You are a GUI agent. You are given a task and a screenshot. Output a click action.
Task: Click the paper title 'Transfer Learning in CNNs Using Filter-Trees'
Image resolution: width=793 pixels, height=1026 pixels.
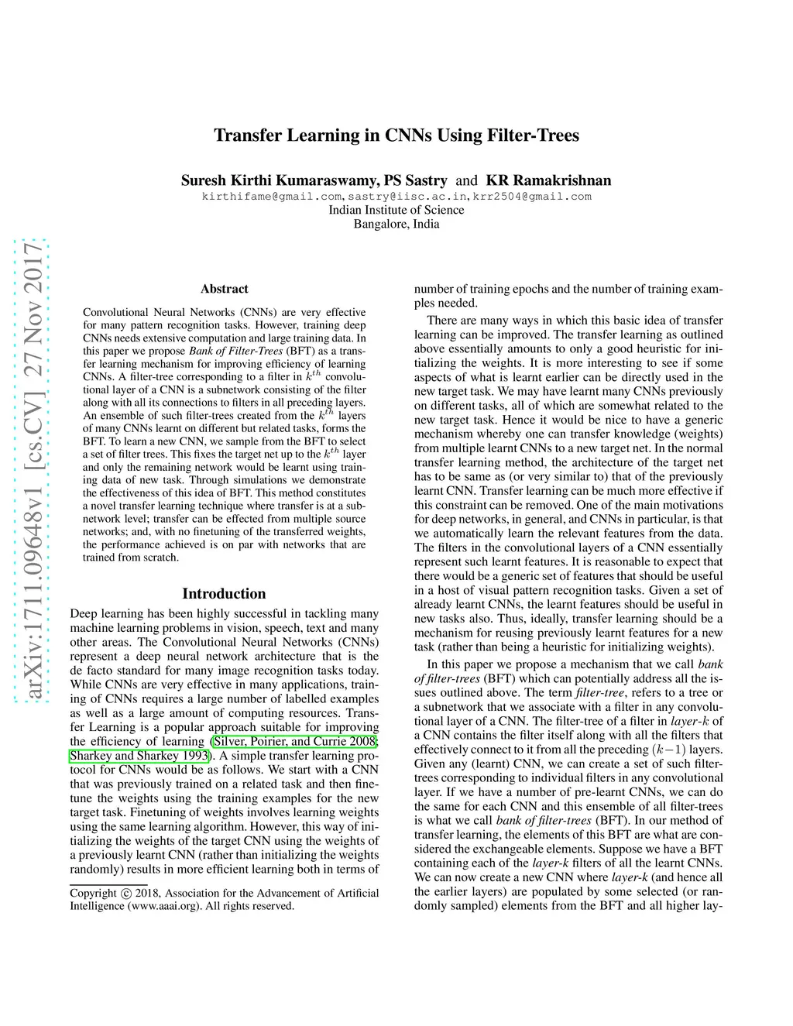click(x=396, y=136)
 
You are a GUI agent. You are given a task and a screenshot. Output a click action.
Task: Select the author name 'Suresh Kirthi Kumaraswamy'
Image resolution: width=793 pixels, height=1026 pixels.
click(x=280, y=180)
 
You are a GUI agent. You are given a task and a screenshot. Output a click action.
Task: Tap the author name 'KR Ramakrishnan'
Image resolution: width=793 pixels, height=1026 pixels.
click(x=548, y=180)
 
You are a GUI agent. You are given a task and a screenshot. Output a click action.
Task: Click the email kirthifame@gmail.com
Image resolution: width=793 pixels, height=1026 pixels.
click(x=272, y=197)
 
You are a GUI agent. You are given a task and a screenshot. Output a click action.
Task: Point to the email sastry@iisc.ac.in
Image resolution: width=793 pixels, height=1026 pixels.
click(x=408, y=197)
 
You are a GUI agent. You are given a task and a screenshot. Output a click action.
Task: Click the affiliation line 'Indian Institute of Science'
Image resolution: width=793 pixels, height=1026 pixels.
click(x=396, y=210)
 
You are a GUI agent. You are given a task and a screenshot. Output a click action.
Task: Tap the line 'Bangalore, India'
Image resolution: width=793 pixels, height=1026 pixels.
click(x=396, y=224)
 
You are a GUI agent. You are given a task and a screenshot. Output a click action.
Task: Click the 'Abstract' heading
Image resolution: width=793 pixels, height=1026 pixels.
click(x=224, y=289)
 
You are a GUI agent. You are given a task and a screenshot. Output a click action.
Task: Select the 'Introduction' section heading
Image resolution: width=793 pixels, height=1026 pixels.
click(x=224, y=594)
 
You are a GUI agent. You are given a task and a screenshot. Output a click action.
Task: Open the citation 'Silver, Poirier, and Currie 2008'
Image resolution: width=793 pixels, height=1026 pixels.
click(x=295, y=742)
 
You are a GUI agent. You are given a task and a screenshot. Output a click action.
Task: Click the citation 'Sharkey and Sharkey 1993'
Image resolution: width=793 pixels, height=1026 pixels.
click(x=139, y=756)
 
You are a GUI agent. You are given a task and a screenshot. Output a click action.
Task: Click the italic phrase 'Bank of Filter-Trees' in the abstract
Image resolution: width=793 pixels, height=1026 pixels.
click(x=236, y=351)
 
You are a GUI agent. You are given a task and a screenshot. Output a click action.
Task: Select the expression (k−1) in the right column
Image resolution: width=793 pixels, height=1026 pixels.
click(x=669, y=750)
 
